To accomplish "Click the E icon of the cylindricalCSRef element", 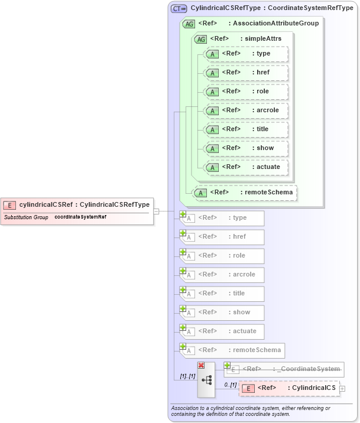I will [x=10, y=205].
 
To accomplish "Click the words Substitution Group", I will [x=26, y=217].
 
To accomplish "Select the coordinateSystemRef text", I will [x=80, y=217].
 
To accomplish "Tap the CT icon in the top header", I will [x=179, y=8].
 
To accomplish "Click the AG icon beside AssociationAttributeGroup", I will [x=189, y=24].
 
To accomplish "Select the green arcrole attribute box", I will [x=245, y=110].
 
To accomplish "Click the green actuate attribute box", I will [x=245, y=167].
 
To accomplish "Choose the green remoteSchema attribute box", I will [x=245, y=193].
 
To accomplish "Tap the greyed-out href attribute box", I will [x=222, y=237].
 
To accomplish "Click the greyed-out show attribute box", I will [x=222, y=313].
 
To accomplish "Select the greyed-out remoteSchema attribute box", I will [x=231, y=350].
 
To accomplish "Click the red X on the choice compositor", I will [x=201, y=366].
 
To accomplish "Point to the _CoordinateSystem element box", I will [x=284, y=369].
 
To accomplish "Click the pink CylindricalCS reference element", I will [x=289, y=388].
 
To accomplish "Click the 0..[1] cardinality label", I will [x=230, y=385].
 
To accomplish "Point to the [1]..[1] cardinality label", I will [x=187, y=376].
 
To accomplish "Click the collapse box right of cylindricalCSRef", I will [x=157, y=211].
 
